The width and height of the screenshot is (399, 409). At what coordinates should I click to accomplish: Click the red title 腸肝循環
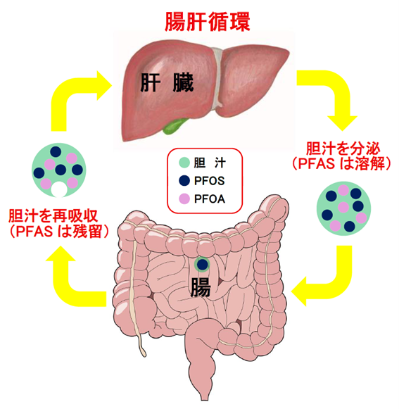(x=208, y=22)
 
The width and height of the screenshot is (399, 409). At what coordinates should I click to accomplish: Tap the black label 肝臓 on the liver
(x=167, y=82)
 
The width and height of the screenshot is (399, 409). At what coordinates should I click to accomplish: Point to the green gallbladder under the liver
(x=175, y=125)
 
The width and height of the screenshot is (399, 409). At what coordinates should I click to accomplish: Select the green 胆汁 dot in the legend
(x=184, y=163)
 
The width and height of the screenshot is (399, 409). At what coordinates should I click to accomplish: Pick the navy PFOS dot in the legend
(x=184, y=180)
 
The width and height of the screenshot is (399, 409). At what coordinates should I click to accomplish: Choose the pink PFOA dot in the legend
(x=184, y=199)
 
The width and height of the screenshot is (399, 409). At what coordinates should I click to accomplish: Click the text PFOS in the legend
(x=209, y=181)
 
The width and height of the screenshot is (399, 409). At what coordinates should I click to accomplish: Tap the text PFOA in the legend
(x=210, y=199)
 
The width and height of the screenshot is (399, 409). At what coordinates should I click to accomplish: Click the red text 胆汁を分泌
(x=343, y=149)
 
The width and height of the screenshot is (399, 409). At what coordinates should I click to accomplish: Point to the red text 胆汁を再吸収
(x=53, y=215)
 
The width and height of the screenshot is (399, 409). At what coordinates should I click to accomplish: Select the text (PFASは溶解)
(x=342, y=163)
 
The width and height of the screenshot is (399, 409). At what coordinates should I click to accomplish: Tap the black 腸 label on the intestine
(x=201, y=287)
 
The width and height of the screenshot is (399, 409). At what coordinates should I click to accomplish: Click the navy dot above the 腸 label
(x=203, y=264)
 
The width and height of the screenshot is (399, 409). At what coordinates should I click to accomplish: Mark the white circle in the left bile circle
(x=58, y=190)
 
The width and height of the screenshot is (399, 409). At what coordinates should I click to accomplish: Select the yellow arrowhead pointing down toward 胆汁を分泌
(x=342, y=123)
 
